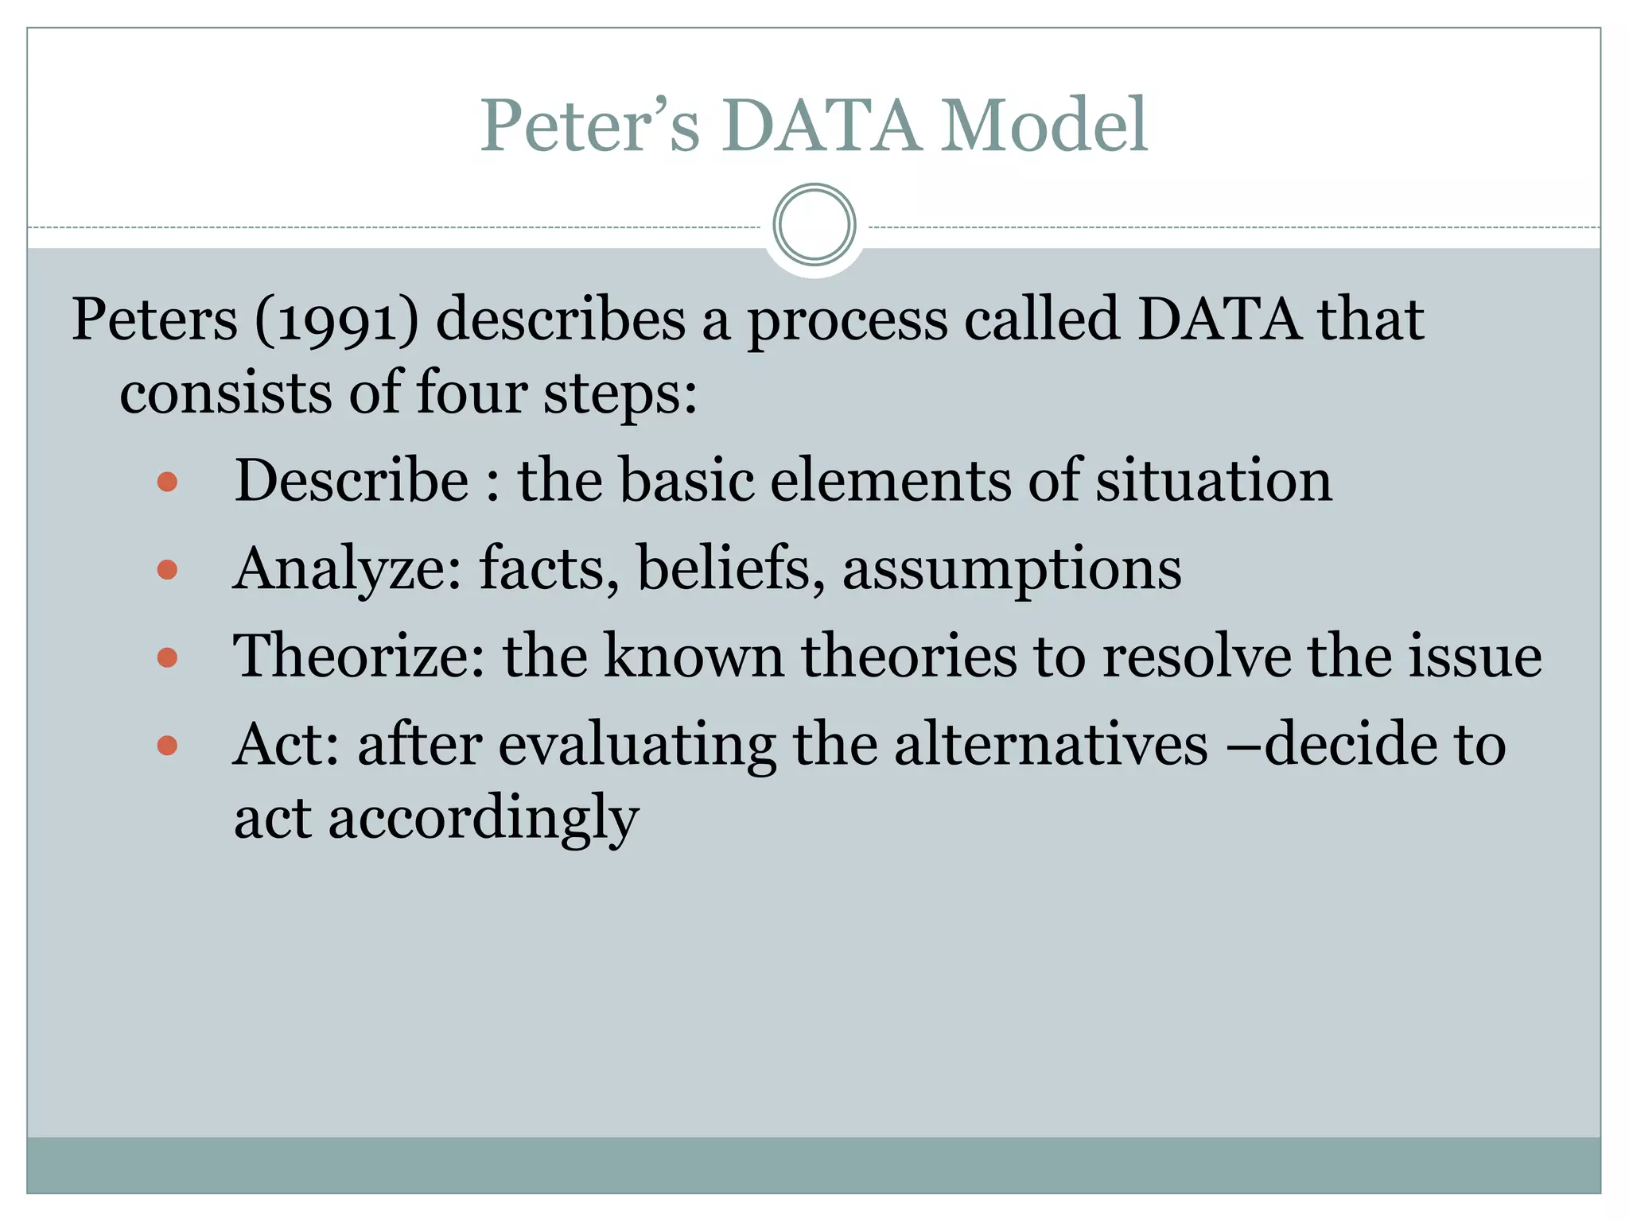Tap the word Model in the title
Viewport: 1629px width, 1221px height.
[1044, 126]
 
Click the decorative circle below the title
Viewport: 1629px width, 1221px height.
[814, 225]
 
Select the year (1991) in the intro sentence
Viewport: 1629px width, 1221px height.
[336, 320]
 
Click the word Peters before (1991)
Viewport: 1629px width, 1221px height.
[154, 320]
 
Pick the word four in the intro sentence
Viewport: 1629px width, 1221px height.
[472, 392]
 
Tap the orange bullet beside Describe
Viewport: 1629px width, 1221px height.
[167, 482]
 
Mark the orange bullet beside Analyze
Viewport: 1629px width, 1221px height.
[167, 569]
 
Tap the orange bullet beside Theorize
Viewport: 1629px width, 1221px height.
[167, 657]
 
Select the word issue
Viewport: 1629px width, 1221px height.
[1475, 656]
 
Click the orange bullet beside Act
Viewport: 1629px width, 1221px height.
[167, 745]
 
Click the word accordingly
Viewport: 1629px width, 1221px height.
[484, 818]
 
